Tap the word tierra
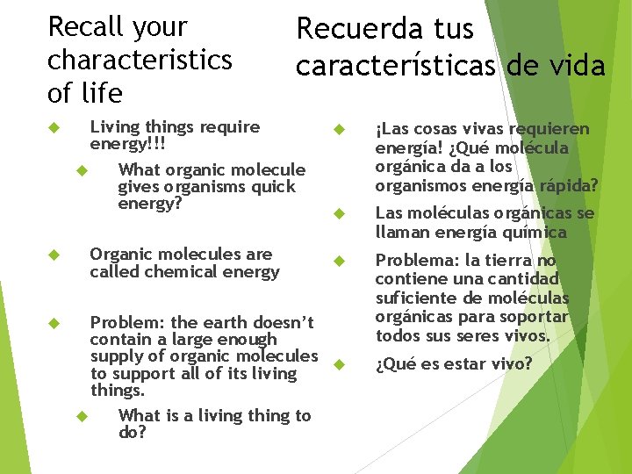coord(506,261)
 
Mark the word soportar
coord(535,317)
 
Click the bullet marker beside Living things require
coord(52,128)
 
